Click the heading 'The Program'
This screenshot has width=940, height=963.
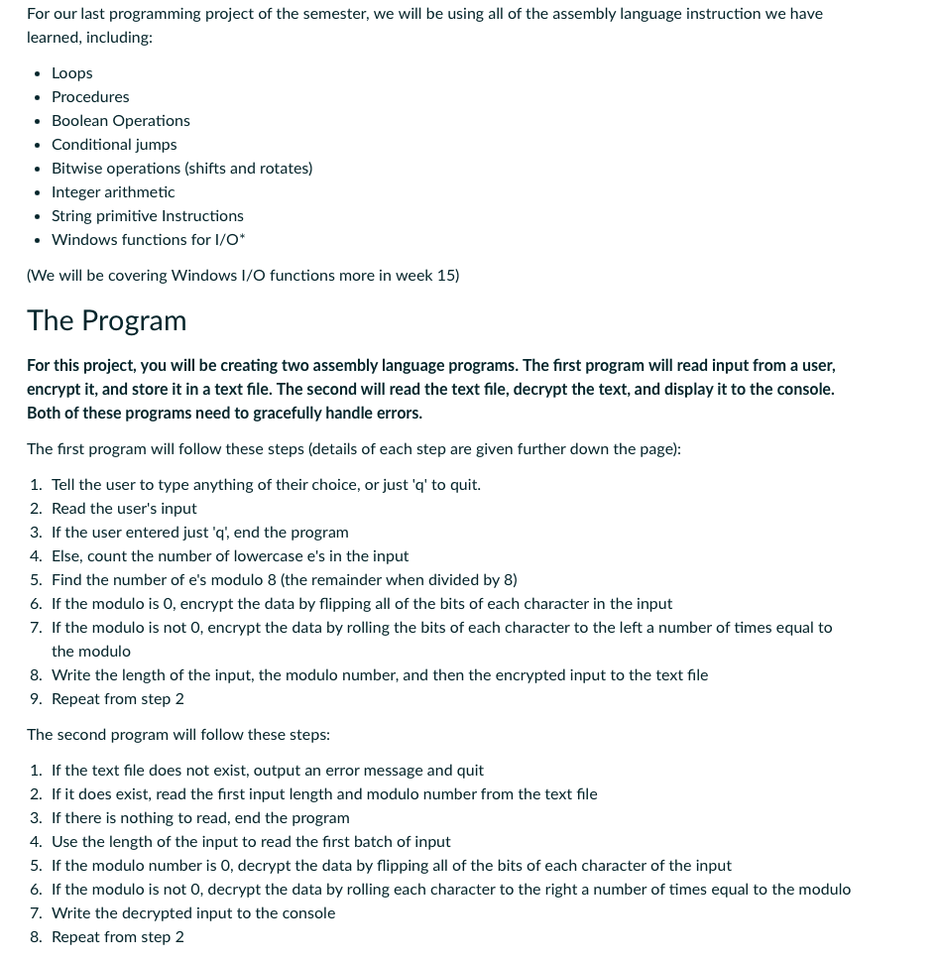106,320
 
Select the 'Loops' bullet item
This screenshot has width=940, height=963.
71,73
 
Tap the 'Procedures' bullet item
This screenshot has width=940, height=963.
90,97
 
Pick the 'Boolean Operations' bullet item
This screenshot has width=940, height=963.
120,121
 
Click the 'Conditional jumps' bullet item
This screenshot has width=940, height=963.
114,145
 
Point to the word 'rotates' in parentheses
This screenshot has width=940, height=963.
284,169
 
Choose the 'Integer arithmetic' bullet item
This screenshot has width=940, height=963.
113,192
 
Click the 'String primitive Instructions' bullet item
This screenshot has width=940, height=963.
147,216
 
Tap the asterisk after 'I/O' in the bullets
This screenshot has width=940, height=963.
242,238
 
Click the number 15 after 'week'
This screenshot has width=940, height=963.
445,276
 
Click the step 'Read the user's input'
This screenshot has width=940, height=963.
124,509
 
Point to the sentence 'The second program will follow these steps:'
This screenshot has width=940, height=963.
178,735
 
